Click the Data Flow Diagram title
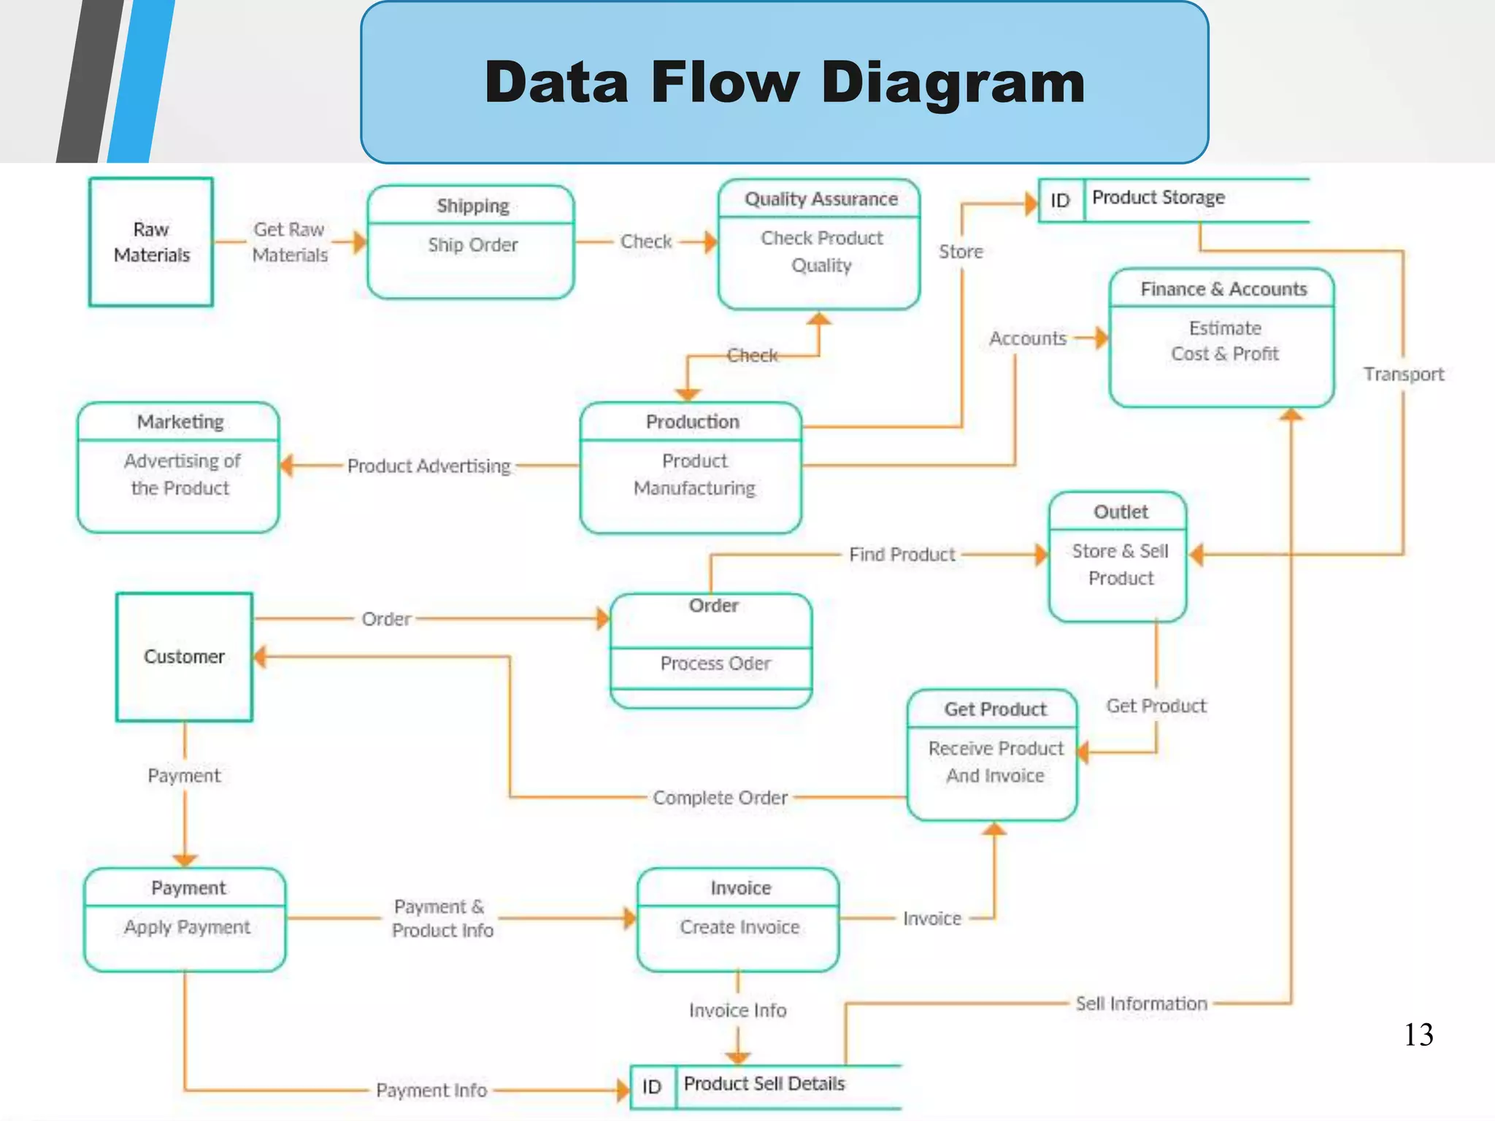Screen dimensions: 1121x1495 tap(785, 82)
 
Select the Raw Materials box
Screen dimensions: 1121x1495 tap(151, 242)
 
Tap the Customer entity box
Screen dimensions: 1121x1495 tap(184, 657)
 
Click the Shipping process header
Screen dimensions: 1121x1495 tap(472, 206)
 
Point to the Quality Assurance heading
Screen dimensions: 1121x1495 tap(820, 199)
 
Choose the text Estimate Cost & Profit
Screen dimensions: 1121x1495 tap(1224, 341)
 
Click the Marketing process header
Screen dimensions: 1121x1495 tap(180, 422)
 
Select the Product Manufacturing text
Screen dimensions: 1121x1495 tap(694, 474)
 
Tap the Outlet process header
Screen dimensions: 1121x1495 tap(1120, 512)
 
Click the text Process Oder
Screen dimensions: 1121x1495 tap(715, 663)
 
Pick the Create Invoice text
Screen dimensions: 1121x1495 tap(739, 927)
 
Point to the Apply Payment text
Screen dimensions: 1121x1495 tap(187, 927)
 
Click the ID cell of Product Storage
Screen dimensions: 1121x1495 tap(1060, 201)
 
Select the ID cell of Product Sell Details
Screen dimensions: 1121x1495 tap(652, 1087)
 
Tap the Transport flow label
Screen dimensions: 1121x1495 tap(1403, 374)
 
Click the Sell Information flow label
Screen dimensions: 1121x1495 tap(1141, 1003)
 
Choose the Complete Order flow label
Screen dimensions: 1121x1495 tap(720, 798)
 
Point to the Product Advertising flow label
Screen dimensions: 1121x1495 tap(428, 466)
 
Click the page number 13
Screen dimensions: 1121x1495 tap(1418, 1035)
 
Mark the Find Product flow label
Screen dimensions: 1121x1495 tap(902, 555)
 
